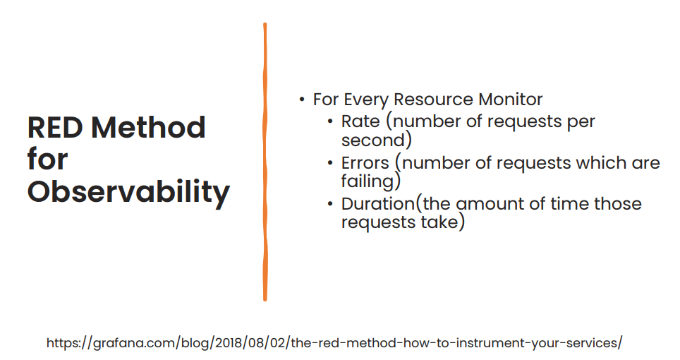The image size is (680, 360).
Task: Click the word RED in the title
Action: point(55,128)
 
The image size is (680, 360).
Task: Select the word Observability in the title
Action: point(128,191)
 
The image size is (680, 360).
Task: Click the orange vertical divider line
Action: point(265,162)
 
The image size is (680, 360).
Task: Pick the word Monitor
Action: point(509,100)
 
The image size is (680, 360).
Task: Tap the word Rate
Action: point(360,121)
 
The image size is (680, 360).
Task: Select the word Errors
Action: point(365,163)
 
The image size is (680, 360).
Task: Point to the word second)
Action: point(376,139)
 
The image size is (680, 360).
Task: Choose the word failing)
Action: point(371,181)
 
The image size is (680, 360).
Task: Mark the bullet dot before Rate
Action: point(331,121)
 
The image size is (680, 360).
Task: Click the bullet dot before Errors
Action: point(331,163)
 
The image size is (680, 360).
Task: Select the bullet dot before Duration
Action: point(331,205)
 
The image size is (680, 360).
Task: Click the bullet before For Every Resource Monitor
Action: point(303,100)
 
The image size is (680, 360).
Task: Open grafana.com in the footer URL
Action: point(131,344)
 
